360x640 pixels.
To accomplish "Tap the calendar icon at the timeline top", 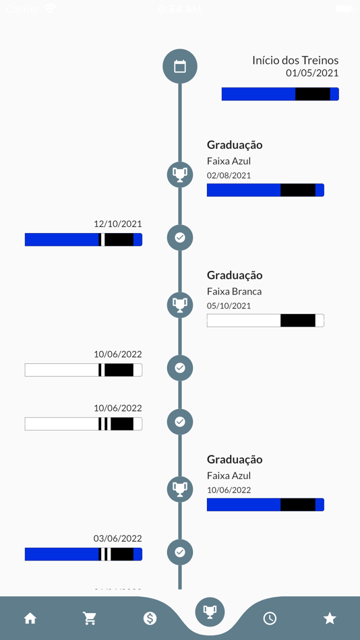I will [180, 66].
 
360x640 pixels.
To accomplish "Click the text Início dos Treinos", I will [295, 60].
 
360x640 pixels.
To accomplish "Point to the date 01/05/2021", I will [312, 73].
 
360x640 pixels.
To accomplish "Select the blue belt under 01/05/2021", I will [280, 94].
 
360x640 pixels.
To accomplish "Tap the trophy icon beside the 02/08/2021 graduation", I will [180, 174].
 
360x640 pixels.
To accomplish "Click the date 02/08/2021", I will [229, 175].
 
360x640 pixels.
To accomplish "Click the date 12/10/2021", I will [118, 224].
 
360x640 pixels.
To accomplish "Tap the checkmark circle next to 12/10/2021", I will [180, 237].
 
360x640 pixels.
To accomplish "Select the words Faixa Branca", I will [234, 291].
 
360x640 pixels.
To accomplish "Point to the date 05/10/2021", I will [229, 305].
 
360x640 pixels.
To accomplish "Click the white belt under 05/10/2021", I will [265, 320].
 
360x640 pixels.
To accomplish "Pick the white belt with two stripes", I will [84, 424].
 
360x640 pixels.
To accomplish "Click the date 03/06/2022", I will [118, 538].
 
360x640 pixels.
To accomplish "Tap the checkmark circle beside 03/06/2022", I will [180, 552].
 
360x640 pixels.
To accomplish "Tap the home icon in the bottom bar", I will [30, 618].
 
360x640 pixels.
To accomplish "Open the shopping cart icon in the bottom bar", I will [90, 618].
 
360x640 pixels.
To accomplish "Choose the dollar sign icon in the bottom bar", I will [150, 618].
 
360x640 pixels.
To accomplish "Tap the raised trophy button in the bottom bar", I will [210, 611].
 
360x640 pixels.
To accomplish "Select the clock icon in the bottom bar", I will [270, 618].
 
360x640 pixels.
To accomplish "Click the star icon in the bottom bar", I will [330, 618].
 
